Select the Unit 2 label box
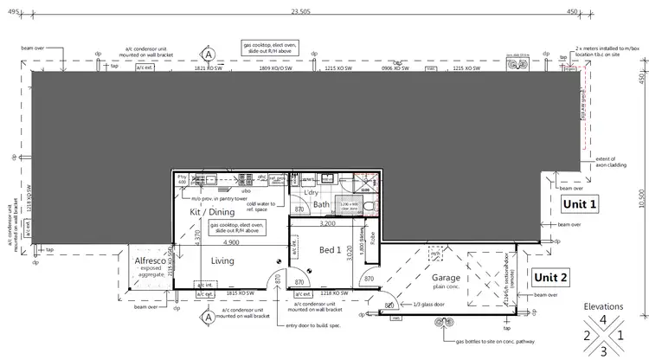pyautogui.click(x=550, y=278)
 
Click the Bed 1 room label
pyautogui.click(x=331, y=250)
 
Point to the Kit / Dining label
pyautogui.click(x=212, y=211)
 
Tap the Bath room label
pyautogui.click(x=322, y=205)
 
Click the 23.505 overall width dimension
pyautogui.click(x=299, y=12)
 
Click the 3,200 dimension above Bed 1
pyautogui.click(x=328, y=223)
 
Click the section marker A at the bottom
pyautogui.click(x=208, y=318)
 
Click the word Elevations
pyautogui.click(x=604, y=306)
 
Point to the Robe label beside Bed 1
pyautogui.click(x=372, y=235)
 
